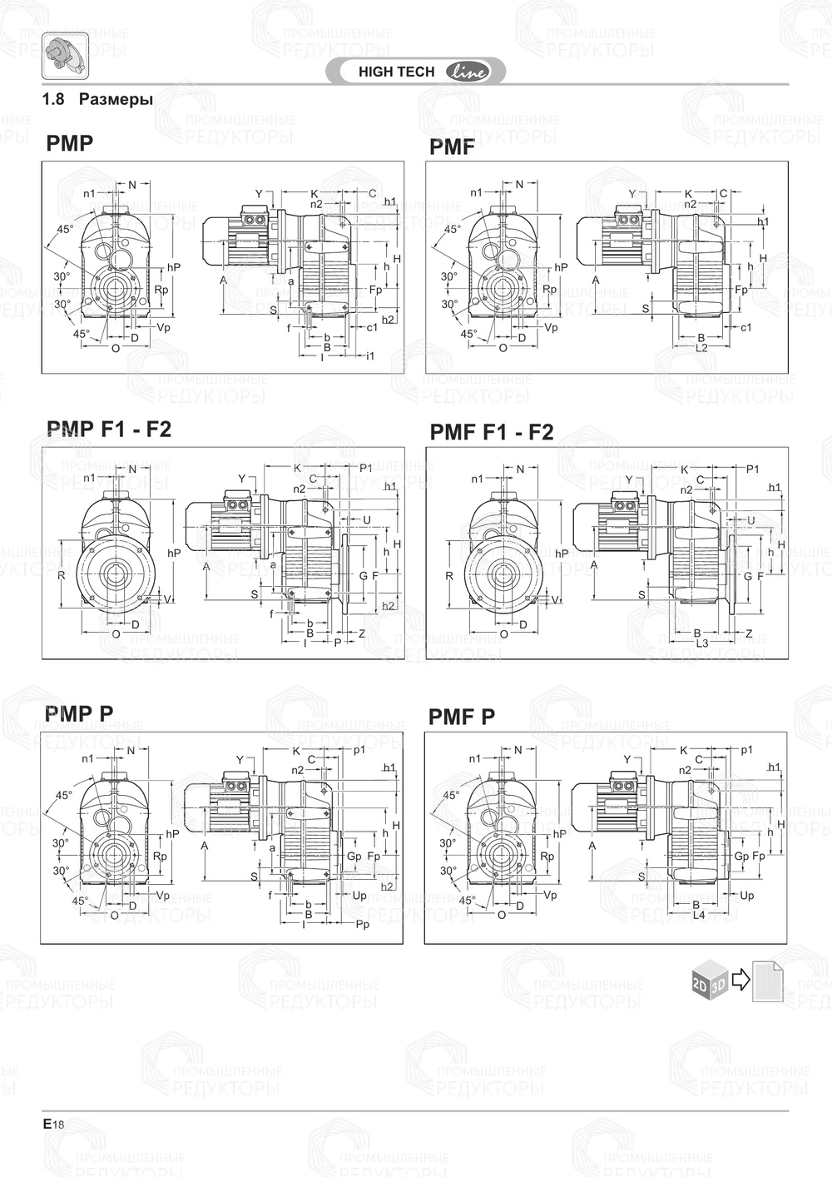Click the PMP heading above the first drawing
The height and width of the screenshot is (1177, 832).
pos(70,143)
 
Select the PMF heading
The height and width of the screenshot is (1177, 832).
pos(452,147)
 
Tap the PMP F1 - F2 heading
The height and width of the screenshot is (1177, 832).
pos(109,429)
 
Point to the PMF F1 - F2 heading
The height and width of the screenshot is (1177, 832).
pos(491,432)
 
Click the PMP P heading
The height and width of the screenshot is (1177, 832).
pos(79,713)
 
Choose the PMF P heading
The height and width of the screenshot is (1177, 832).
pos(462,716)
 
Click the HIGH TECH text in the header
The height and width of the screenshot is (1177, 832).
pos(396,72)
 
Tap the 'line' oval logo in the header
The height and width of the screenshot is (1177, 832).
pos(469,72)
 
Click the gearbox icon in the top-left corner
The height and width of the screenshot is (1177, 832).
pos(65,55)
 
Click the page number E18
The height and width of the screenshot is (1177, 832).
pos(53,1124)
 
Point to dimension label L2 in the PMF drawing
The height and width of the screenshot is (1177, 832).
pos(701,347)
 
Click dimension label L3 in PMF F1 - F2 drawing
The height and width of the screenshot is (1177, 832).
pos(701,643)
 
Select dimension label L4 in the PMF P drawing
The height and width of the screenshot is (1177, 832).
pos(699,915)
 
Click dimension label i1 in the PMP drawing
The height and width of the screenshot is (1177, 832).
pos(370,356)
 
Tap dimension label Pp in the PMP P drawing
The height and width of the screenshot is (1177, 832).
pos(362,925)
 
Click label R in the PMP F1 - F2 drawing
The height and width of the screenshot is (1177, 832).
pos(62,575)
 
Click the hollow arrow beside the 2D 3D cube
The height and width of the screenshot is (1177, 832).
pos(740,980)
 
